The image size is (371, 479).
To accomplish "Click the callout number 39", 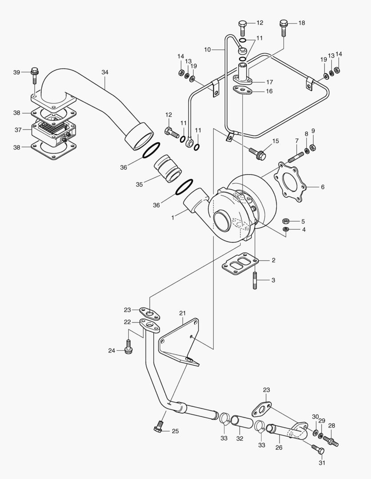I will point(16,72).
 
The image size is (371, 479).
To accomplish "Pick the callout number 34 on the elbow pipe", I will point(105,72).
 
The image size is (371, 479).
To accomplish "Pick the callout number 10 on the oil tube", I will point(207,50).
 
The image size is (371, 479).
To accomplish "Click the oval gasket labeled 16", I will point(243,91).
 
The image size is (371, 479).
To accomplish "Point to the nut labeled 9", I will point(312,147).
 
